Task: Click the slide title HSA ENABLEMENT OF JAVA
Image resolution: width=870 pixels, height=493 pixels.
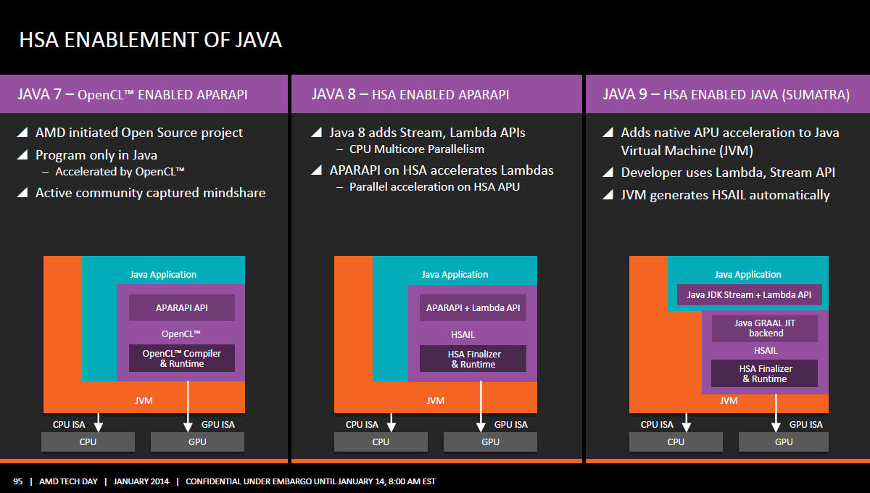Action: point(150,40)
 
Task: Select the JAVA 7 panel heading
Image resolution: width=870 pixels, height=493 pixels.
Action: point(133,94)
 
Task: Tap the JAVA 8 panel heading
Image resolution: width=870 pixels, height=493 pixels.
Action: point(410,94)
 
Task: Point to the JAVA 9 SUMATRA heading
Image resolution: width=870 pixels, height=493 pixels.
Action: point(726,94)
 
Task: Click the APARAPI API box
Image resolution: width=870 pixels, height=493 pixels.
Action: point(182,307)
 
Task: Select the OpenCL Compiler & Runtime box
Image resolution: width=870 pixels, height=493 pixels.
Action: point(182,358)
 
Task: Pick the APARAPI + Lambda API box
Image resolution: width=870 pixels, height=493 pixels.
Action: point(473,307)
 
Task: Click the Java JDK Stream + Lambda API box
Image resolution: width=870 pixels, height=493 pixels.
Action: point(749,295)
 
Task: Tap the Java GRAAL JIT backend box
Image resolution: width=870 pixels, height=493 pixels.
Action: point(765,328)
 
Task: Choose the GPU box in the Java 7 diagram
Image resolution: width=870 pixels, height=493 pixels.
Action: point(197,442)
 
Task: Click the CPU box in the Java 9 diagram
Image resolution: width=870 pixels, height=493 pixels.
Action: point(676,442)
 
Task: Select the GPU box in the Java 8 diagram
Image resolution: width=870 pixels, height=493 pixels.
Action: point(490,442)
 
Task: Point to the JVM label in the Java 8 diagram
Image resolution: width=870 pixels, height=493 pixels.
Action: point(436,400)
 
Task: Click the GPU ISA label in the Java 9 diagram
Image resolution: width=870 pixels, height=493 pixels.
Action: point(806,425)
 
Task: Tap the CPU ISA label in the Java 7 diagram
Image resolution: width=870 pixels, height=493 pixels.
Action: point(69,425)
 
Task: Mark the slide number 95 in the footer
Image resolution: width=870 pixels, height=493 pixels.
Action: point(18,481)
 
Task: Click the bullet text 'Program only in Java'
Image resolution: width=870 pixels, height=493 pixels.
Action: point(96,155)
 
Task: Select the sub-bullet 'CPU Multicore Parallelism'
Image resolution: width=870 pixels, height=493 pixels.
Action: point(417,149)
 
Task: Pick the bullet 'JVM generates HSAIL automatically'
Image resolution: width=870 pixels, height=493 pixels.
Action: point(725,195)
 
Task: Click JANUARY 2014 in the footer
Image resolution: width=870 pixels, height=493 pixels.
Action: point(141,481)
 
